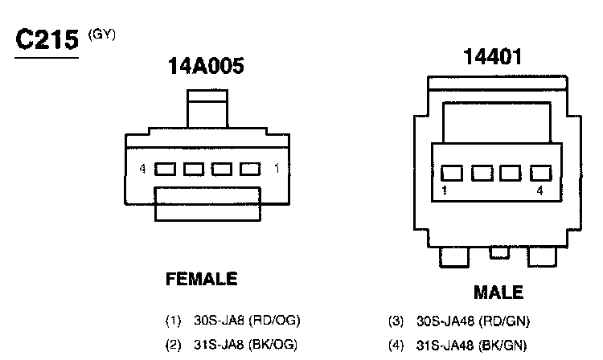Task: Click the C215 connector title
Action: [47, 39]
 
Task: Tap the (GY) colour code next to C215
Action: [102, 35]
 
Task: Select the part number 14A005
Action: [206, 66]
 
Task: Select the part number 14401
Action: [493, 56]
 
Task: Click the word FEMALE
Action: [202, 279]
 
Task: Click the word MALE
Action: [498, 292]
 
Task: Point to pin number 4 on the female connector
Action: [142, 169]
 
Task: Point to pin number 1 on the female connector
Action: [277, 168]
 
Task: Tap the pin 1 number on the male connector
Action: [445, 190]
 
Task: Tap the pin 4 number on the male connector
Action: [540, 190]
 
